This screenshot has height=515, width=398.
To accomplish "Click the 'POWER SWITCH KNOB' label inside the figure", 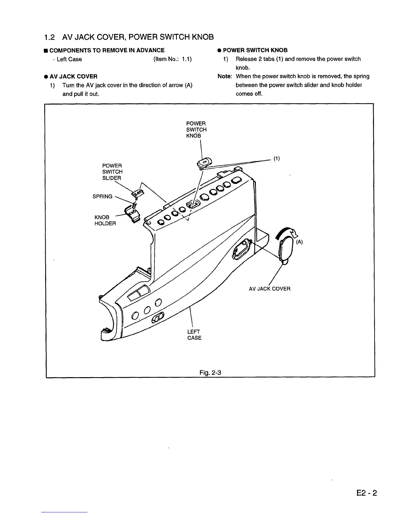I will click(196, 129).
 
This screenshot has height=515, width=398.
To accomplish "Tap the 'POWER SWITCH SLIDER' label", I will click(112, 172).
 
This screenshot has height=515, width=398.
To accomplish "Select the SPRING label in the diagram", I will click(102, 196).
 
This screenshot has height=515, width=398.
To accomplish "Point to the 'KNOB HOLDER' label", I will click(105, 220).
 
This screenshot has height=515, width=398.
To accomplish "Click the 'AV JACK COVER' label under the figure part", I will click(269, 289).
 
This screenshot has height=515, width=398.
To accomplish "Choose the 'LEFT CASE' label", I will click(194, 335).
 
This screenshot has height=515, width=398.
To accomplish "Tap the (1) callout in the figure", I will click(276, 159).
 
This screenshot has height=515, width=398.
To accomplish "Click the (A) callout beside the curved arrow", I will click(299, 242).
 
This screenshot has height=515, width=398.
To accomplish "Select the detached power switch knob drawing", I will click(205, 162).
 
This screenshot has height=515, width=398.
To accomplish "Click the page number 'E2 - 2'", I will click(366, 493).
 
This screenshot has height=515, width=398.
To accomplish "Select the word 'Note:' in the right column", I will click(224, 76).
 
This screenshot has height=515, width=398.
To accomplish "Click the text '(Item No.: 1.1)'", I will click(172, 59).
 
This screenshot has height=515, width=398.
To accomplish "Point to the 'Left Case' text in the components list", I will click(69, 59).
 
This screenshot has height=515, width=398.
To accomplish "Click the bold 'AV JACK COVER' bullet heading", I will click(73, 76).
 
